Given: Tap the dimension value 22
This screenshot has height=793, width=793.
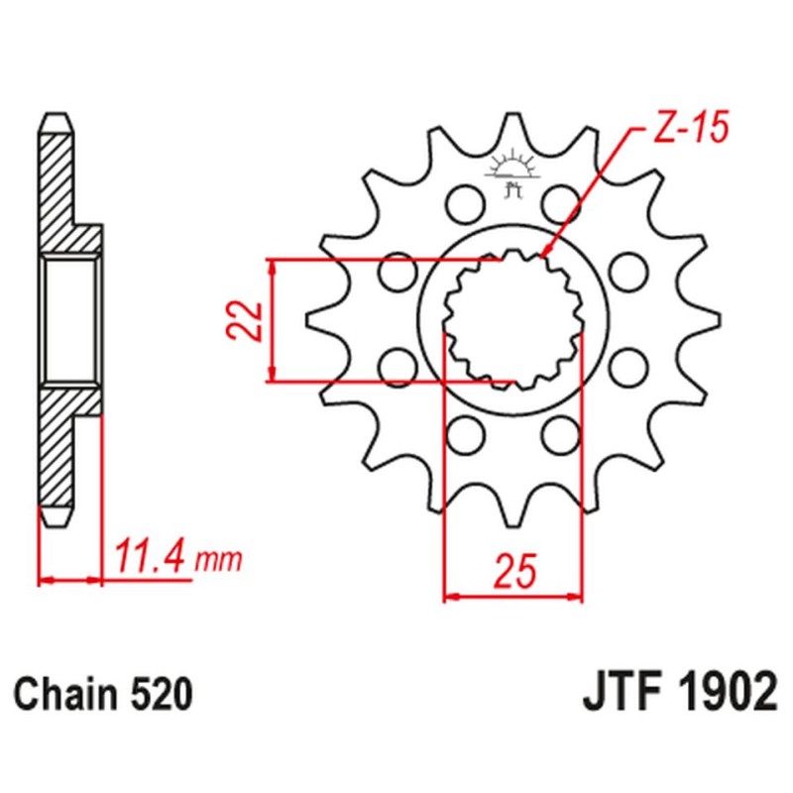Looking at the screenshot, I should point(250,320).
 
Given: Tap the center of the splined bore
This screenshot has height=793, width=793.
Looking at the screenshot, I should point(512,320).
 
